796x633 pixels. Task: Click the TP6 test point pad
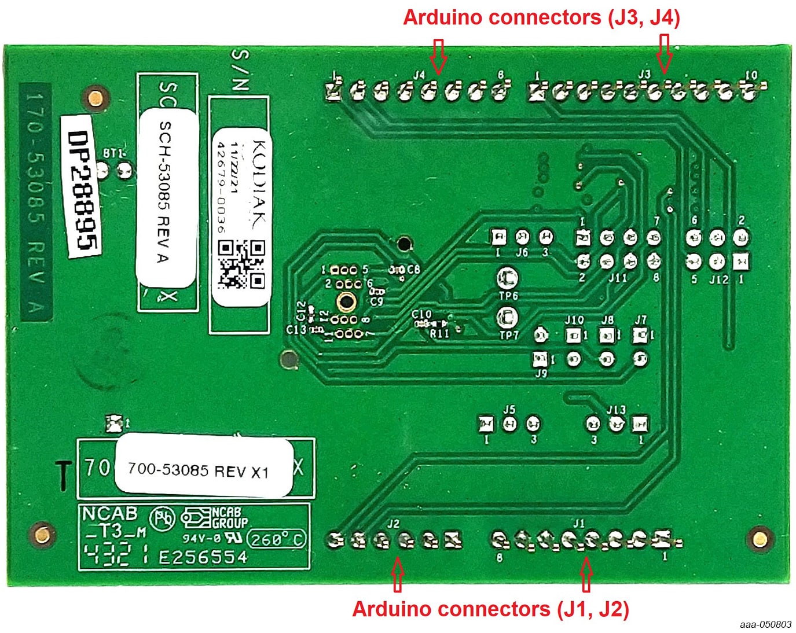(508, 278)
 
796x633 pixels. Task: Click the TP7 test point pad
(508, 317)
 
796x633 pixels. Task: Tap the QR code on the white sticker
(241, 264)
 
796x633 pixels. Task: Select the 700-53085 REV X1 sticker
(199, 470)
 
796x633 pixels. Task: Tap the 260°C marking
(276, 539)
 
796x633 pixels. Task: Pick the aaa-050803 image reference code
(765, 624)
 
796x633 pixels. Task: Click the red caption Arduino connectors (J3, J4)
(541, 17)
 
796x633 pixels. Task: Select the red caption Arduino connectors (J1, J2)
(490, 609)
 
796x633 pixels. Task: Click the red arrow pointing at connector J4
(438, 56)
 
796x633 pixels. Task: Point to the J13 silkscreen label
(616, 410)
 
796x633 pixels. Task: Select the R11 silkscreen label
(439, 333)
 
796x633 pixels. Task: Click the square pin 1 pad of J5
(486, 424)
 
